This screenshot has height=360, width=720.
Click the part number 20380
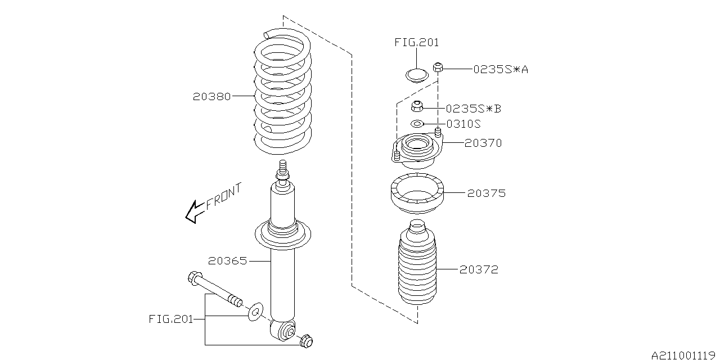tap(212, 96)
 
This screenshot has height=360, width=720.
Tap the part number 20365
tap(227, 261)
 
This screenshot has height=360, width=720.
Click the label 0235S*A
tap(500, 69)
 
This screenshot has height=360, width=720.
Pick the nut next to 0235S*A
tap(439, 69)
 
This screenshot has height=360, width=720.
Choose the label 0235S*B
tap(473, 108)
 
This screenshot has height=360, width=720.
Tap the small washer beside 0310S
tap(417, 124)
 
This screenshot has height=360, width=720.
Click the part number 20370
tap(483, 143)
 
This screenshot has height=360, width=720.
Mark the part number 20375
tap(487, 193)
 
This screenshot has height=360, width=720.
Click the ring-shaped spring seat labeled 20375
tap(416, 194)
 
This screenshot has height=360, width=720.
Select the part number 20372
tap(479, 270)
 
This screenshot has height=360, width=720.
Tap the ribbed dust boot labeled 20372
tap(417, 264)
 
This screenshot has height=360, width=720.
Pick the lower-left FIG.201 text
tap(170, 319)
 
